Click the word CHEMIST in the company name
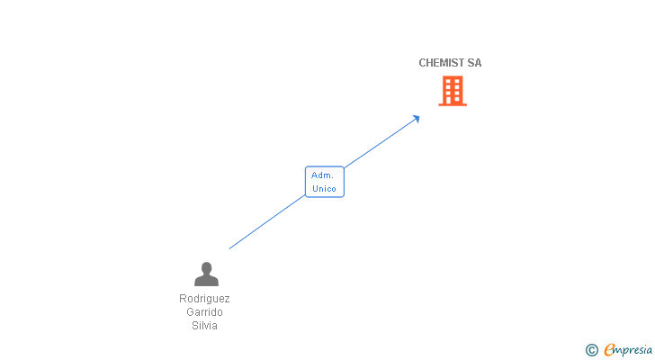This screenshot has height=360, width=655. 441,63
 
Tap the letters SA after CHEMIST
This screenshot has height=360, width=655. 474,63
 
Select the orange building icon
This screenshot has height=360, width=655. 453,90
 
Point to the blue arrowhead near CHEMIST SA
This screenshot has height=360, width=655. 417,117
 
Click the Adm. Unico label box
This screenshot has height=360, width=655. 324,182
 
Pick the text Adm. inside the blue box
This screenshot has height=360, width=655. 322,175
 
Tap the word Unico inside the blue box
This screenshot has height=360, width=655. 324,189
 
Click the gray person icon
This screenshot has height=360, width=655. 206,274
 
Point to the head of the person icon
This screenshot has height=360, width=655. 206,267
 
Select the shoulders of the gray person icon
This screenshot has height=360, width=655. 206,281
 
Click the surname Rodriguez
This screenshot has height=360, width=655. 204,299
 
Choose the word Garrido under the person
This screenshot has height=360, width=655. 204,312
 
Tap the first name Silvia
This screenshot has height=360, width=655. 204,326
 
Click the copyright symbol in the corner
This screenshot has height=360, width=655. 591,350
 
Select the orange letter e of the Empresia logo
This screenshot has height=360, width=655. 609,350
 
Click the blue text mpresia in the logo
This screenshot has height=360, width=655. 633,350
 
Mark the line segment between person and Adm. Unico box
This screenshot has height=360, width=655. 268,221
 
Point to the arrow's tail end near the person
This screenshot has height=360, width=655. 230,247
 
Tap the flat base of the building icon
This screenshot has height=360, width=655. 453,104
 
